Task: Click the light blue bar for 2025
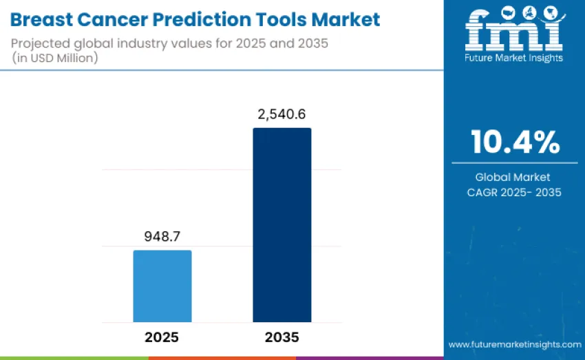(x=162, y=286)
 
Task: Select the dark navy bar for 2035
(x=281, y=225)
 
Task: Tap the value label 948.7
(x=162, y=237)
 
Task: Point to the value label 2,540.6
(x=281, y=115)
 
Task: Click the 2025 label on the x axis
(x=162, y=338)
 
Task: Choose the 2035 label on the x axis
(x=281, y=338)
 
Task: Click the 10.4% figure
(x=515, y=142)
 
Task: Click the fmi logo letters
(x=513, y=29)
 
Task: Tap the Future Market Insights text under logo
(x=514, y=58)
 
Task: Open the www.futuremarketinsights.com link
(x=514, y=344)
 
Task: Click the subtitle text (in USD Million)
(x=55, y=58)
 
